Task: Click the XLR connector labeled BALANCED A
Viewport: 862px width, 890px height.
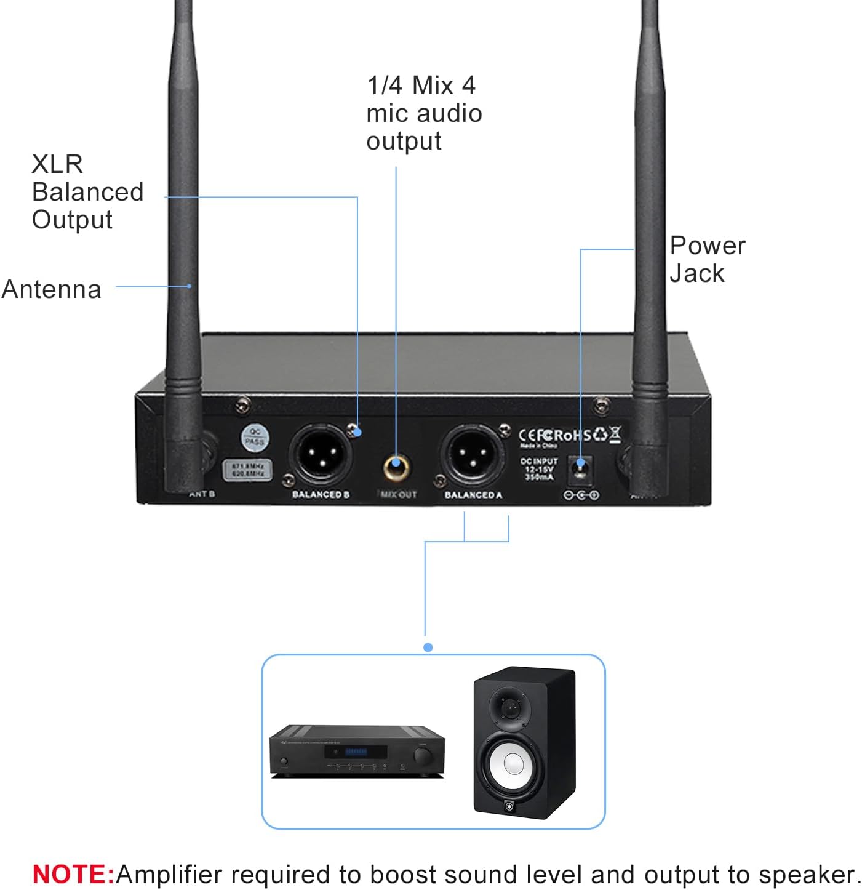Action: coord(471,456)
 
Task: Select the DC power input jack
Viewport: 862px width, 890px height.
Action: coord(580,468)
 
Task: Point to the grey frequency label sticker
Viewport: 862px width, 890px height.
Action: coord(247,470)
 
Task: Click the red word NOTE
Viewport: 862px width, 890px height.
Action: coord(73,874)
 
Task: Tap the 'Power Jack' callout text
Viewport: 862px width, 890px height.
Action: coord(707,259)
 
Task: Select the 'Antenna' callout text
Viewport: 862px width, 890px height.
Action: coord(52,289)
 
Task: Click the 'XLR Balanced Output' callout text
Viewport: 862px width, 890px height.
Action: coord(87,192)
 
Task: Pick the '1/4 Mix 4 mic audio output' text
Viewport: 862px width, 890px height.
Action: coord(423,113)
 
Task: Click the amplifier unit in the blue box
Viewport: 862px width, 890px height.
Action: coord(357,751)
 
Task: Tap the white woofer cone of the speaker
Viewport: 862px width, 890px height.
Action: coord(514,764)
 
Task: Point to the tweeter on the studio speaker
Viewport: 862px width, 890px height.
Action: coord(510,708)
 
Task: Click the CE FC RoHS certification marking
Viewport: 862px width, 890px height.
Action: coord(569,435)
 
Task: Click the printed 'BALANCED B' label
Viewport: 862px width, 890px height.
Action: coord(321,495)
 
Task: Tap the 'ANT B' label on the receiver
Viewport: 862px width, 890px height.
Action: coord(202,494)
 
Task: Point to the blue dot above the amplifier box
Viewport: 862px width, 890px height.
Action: coord(428,647)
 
